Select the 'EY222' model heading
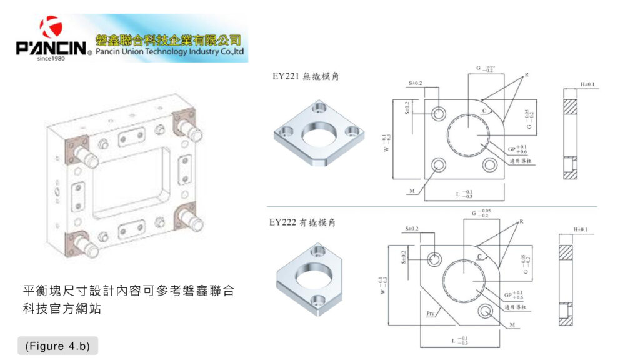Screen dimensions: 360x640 click(x=285, y=222)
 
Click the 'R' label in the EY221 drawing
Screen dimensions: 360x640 click(x=526, y=75)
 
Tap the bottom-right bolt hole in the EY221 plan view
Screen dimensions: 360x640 click(x=491, y=166)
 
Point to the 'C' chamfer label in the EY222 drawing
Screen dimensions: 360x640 click(x=480, y=257)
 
